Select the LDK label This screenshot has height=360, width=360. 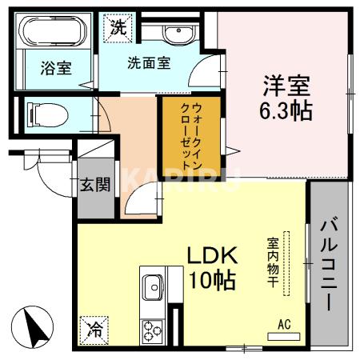pyautogui.click(x=213, y=255)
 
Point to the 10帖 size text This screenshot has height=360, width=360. pyautogui.click(x=212, y=281)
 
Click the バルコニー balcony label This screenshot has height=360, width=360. pyautogui.click(x=328, y=263)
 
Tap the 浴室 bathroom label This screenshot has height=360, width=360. pyautogui.click(x=56, y=67)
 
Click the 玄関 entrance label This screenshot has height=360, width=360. pyautogui.click(x=95, y=186)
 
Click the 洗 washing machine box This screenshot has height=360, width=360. pyautogui.click(x=118, y=25)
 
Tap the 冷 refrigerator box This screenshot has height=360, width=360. pyautogui.click(x=94, y=327)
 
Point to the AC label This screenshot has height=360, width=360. pyautogui.click(x=282, y=324)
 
